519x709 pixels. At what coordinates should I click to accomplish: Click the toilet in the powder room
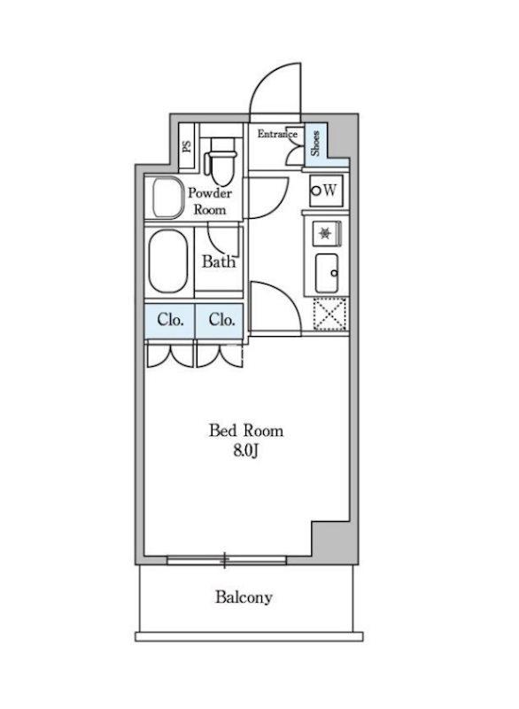(220, 159)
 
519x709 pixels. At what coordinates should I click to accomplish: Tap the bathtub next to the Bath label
(168, 262)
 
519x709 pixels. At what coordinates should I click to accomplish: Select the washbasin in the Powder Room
(167, 199)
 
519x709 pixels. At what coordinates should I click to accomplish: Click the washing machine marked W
(326, 191)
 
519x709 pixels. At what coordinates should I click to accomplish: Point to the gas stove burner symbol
(325, 234)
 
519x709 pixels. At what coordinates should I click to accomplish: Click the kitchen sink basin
(327, 273)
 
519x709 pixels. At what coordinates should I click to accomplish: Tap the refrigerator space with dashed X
(330, 314)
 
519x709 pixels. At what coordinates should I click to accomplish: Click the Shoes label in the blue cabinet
(314, 144)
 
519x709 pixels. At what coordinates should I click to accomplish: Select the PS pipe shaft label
(187, 146)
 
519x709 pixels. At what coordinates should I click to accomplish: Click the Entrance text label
(277, 134)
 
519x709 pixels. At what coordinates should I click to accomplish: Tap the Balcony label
(244, 597)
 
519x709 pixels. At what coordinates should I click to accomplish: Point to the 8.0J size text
(245, 452)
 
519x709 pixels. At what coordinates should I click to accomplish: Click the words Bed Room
(246, 431)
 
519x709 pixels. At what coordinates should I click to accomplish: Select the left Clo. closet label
(170, 320)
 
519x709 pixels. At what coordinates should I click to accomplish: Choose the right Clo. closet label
(221, 320)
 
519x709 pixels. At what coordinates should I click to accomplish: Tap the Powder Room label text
(210, 202)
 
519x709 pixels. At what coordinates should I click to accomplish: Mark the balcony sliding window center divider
(224, 560)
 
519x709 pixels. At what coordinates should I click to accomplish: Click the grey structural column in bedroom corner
(335, 542)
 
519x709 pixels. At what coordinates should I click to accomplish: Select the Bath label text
(219, 261)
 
